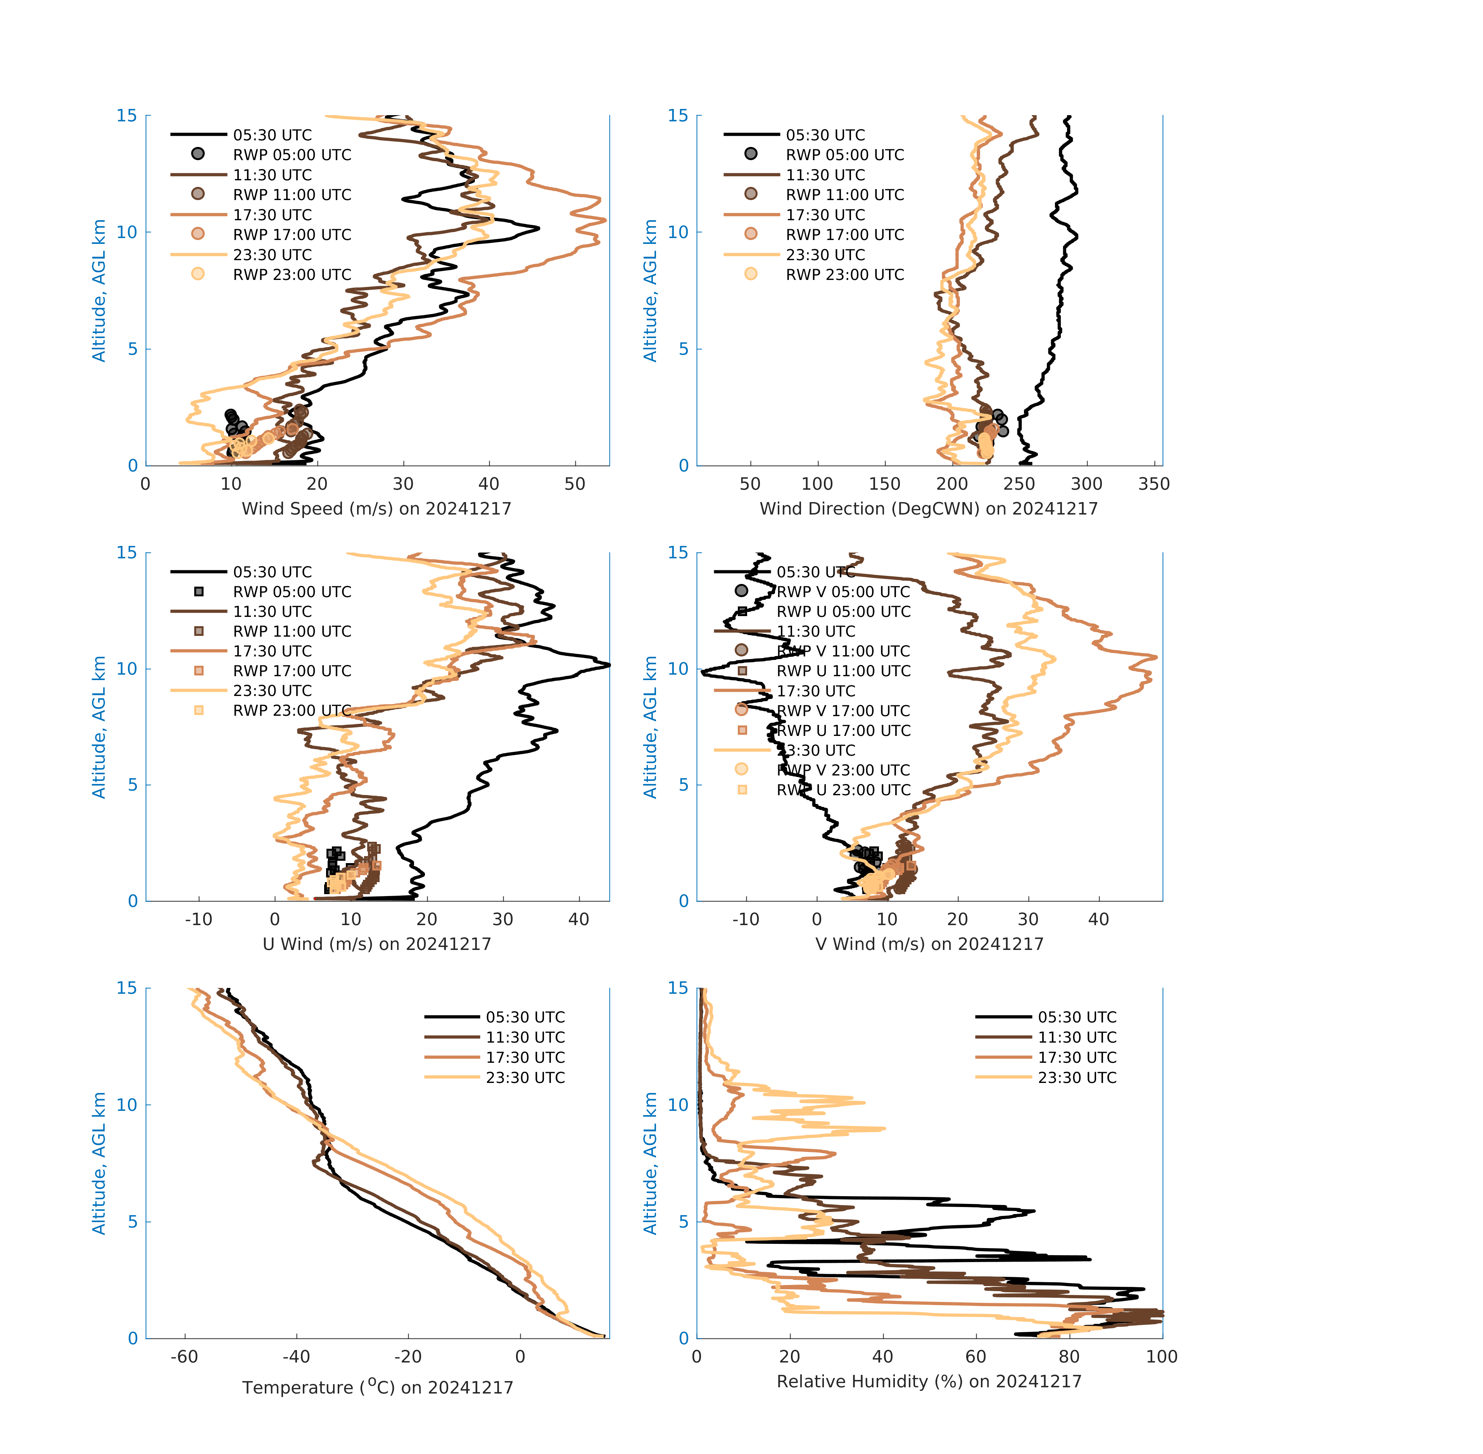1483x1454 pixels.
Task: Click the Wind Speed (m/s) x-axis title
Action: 376,509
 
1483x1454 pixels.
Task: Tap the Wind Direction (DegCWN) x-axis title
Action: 929,509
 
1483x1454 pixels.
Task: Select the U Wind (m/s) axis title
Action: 376,944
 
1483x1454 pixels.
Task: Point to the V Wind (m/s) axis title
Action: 929,944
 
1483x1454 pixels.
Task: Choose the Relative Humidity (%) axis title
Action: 929,1381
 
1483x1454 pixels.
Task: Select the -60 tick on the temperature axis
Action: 184,1356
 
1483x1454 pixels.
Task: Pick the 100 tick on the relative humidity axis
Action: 1162,1356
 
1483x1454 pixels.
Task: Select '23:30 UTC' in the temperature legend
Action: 525,1078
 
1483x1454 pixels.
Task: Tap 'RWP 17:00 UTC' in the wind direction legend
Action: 844,235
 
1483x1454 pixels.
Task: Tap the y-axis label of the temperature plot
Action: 98,1163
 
